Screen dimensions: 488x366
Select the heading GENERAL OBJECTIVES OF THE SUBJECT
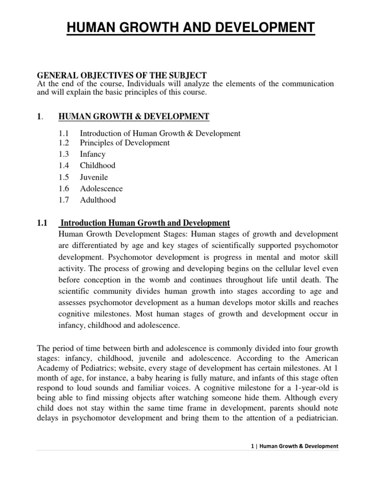pos(122,75)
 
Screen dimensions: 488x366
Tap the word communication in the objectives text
pos(305,84)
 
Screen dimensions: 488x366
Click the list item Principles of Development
pos(125,143)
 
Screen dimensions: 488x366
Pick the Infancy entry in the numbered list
pos(92,154)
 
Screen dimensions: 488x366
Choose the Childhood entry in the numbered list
pos(98,166)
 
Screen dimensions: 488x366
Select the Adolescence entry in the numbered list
pos(101,189)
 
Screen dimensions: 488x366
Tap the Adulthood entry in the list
pos(98,200)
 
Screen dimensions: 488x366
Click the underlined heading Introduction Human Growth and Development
pos(146,223)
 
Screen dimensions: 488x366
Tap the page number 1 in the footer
pos(251,447)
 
